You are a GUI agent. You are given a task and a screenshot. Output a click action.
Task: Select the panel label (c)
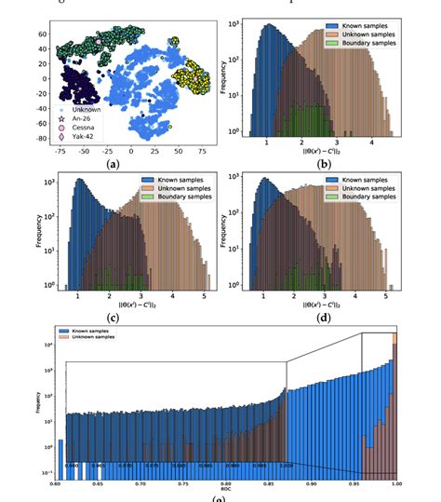click(x=114, y=318)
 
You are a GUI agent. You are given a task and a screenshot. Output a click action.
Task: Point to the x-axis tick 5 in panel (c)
click(x=203, y=295)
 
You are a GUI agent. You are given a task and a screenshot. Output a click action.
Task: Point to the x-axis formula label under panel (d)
click(x=325, y=305)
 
